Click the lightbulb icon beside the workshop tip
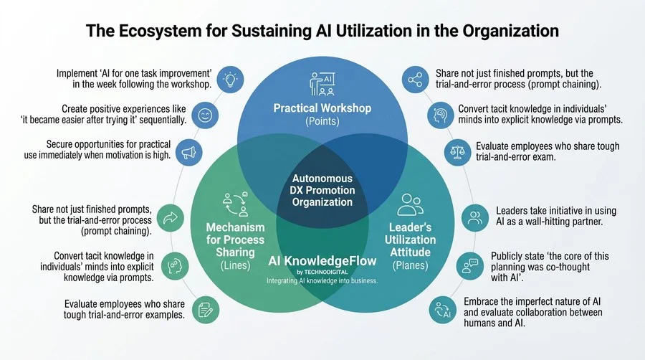click(230, 80)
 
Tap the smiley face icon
click(205, 115)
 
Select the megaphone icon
click(188, 153)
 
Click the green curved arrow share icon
click(171, 218)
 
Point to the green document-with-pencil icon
click(205, 310)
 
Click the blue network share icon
click(415, 80)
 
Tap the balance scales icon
click(457, 152)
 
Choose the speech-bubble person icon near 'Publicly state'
click(469, 266)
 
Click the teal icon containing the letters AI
click(443, 310)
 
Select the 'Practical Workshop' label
click(322, 108)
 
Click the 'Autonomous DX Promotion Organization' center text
click(322, 190)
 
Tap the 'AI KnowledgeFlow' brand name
click(322, 261)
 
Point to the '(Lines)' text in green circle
click(235, 265)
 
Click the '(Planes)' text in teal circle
click(410, 265)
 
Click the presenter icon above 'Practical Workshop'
click(322, 84)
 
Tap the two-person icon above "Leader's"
click(410, 204)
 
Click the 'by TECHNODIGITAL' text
click(322, 272)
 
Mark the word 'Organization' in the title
click(510, 31)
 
